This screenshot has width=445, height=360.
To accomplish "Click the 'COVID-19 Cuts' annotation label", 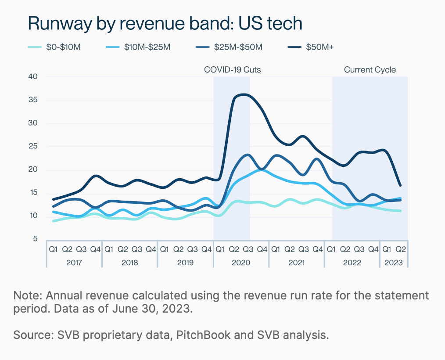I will click(x=233, y=70).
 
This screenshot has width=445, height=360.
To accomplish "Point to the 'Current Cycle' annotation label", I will click(x=370, y=70).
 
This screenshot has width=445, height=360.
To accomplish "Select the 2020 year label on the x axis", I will click(x=241, y=263).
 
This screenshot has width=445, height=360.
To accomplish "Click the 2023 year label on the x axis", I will click(x=394, y=263).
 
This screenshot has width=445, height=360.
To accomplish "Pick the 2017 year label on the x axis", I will click(x=74, y=263).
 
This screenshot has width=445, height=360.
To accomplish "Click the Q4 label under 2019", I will click(x=206, y=249).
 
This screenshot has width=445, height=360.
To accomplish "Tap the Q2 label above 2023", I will click(x=401, y=249).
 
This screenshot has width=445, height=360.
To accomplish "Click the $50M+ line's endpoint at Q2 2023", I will click(x=400, y=185).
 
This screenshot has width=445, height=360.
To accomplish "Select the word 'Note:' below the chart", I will click(x=27, y=295).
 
